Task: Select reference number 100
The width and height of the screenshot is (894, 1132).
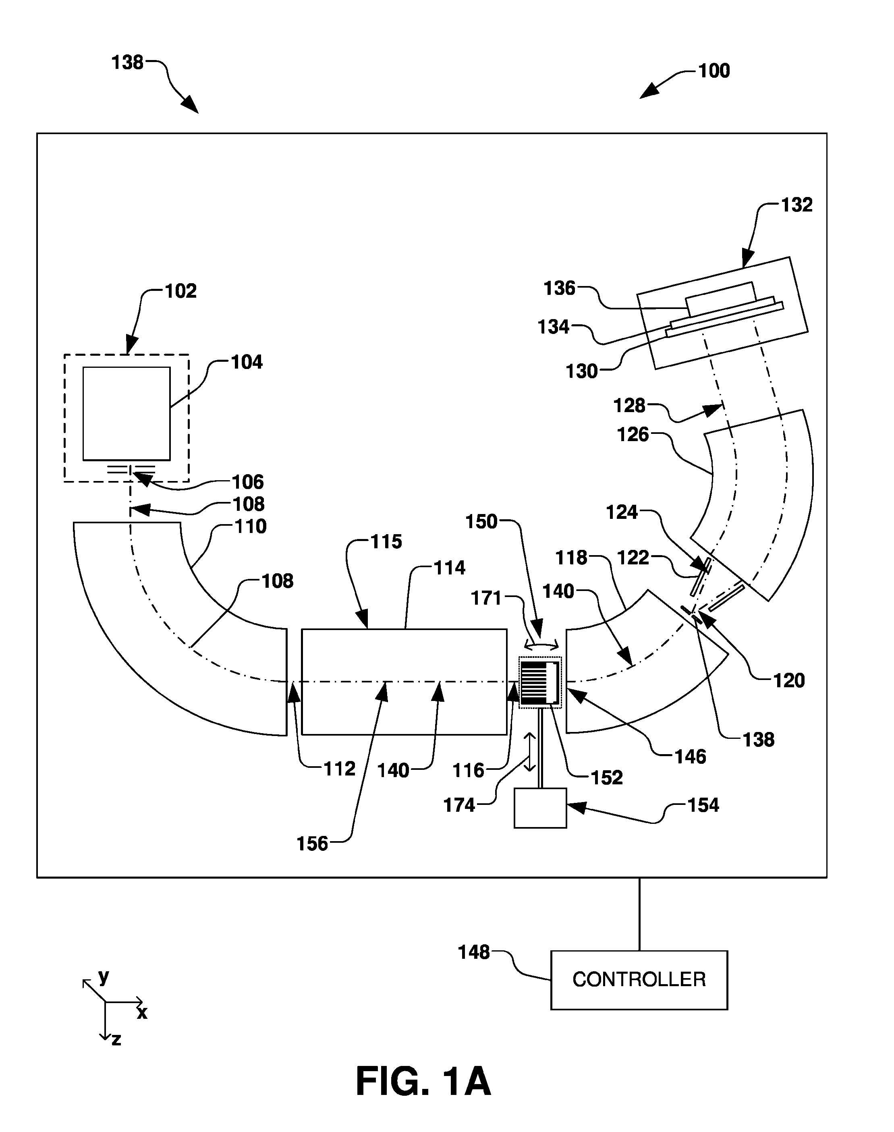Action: click(x=714, y=70)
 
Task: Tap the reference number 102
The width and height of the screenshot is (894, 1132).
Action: click(x=180, y=291)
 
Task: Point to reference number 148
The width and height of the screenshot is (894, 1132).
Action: click(x=474, y=952)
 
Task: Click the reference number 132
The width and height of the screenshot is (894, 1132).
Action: click(x=797, y=205)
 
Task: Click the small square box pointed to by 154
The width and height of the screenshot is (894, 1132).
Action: click(x=540, y=808)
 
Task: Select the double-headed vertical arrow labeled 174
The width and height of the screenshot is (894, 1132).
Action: click(x=530, y=752)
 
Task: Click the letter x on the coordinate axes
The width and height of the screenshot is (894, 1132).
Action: click(x=142, y=1013)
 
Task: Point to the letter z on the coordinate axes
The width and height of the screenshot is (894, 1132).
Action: click(x=116, y=1039)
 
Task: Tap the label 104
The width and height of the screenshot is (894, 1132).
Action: click(x=247, y=362)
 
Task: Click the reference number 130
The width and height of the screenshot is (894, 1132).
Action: click(x=581, y=371)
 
